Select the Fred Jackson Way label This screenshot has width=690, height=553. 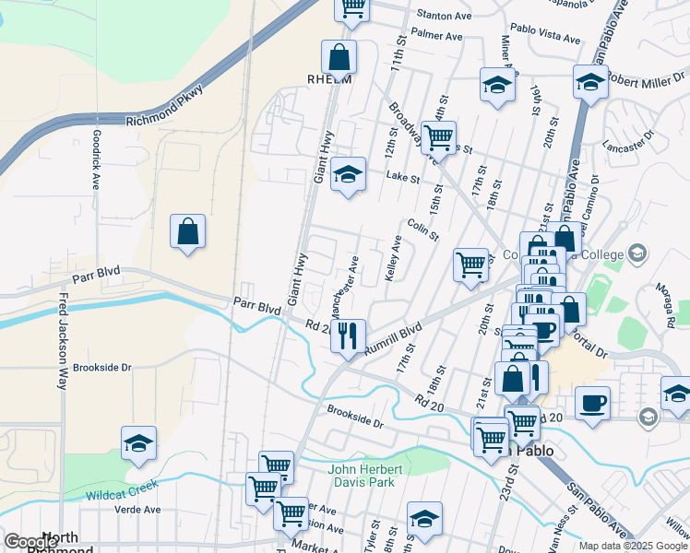[x=63, y=342]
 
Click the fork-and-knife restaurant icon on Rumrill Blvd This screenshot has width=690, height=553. [x=348, y=335]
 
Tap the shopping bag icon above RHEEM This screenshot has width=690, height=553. [x=339, y=57]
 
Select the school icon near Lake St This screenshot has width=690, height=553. [x=347, y=174]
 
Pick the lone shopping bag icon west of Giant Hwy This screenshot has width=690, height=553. [x=187, y=232]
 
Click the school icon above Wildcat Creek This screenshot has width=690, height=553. [x=138, y=443]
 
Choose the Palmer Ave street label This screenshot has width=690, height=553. [x=436, y=37]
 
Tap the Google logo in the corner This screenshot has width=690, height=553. [x=30, y=543]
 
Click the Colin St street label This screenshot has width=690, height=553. [x=422, y=228]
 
